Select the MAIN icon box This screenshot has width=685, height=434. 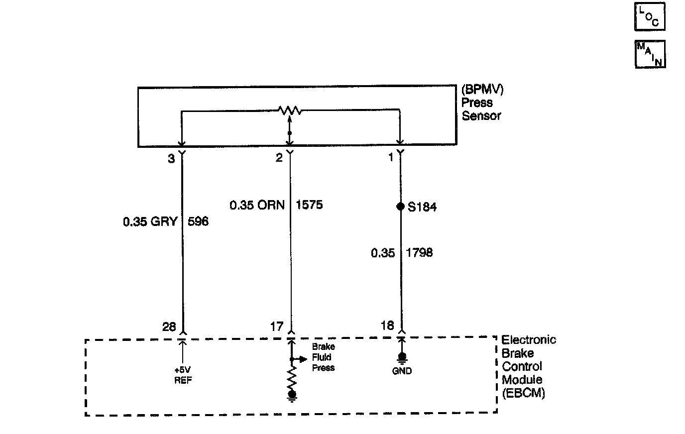pyautogui.click(x=650, y=54)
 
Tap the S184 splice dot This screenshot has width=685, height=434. pyautogui.click(x=400, y=207)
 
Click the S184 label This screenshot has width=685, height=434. pyautogui.click(x=422, y=207)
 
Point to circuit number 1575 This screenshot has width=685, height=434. pyautogui.click(x=309, y=205)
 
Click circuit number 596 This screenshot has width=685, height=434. pyautogui.click(x=198, y=221)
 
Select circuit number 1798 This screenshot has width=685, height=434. pyautogui.click(x=419, y=253)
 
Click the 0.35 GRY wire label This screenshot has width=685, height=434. pyautogui.click(x=150, y=221)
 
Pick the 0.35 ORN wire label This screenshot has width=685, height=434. pyautogui.click(x=257, y=205)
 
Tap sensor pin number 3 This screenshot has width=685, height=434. pyautogui.click(x=171, y=158)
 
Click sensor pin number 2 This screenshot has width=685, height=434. pyautogui.click(x=279, y=158)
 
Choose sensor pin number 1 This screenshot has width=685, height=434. pyautogui.click(x=391, y=158)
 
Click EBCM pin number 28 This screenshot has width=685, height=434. pyautogui.click(x=169, y=326)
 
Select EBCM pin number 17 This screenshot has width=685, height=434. pyautogui.click(x=277, y=326)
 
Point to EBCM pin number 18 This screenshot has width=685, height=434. pyautogui.click(x=387, y=325)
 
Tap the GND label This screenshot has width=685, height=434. pyautogui.click(x=402, y=371)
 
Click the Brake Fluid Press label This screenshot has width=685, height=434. pyautogui.click(x=323, y=357)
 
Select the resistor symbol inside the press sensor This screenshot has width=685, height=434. pyautogui.click(x=290, y=110)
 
